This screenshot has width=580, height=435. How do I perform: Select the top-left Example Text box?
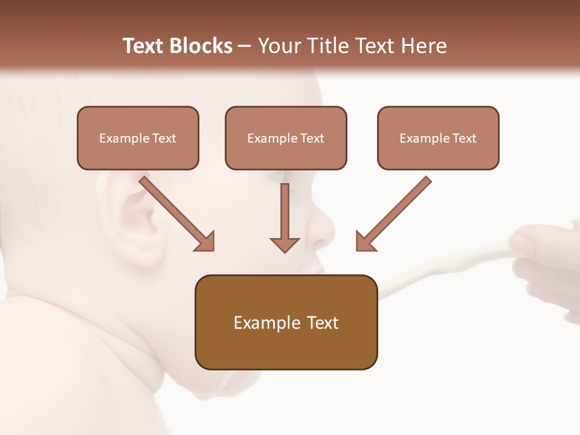pos(138,138)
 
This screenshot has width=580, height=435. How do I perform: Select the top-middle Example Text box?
pos(286,138)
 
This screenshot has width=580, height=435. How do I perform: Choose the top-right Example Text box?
pos(438,138)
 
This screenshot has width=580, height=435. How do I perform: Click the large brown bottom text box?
pos(286,322)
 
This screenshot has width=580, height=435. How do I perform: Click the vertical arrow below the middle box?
pos(285,217)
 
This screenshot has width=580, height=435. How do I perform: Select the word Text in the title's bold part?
pos(144,46)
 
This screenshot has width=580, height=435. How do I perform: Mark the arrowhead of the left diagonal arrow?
pos(205,242)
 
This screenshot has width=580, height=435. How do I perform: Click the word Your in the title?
pos(279,46)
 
